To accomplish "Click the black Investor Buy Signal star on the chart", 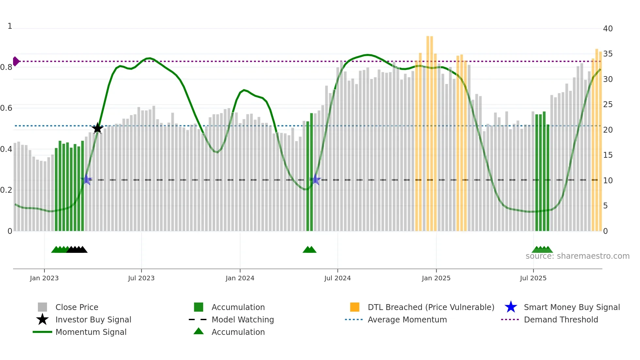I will pos(97,128).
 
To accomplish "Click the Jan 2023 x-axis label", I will pos(44,278).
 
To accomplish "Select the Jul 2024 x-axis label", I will pos(337,278).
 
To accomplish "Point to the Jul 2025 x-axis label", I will pos(533,278).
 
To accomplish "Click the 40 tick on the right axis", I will pos(608,29).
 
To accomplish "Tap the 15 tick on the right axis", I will pos(608,155).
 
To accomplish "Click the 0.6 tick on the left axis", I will pos(6,108).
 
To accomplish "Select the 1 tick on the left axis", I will pos(10,26).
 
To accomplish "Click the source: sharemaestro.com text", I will pos(577,256).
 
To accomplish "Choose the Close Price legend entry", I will pos(77,307).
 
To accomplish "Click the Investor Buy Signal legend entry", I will pos(93,319).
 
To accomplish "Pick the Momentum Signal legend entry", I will pos(91,332).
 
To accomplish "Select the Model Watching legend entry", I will pos(243,319).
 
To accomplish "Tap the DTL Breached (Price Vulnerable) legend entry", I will pos(431,307).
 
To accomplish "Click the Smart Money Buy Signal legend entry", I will pos(572,307).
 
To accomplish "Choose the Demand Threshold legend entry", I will pos(561,319).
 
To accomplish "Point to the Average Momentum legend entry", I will pos(407,319).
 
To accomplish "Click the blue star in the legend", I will pos(511,307).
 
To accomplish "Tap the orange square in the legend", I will pos(355,307).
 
